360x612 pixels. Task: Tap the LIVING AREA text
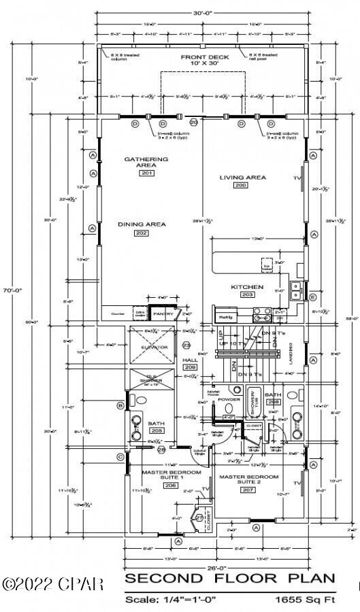(242, 177)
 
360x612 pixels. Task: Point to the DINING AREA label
(142, 224)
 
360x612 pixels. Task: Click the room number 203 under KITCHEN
(246, 294)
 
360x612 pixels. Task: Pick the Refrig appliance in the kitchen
(225, 317)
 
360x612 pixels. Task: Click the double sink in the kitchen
(296, 290)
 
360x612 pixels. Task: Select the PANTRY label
(163, 314)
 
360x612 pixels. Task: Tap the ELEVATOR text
(154, 347)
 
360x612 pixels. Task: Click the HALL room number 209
(190, 367)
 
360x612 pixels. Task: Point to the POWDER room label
(229, 399)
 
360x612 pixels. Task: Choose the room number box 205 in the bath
(157, 431)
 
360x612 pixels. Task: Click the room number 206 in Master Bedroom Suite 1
(152, 486)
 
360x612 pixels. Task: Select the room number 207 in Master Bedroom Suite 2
(249, 490)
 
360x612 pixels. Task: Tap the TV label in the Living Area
(297, 177)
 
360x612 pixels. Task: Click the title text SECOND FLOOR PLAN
(229, 579)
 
